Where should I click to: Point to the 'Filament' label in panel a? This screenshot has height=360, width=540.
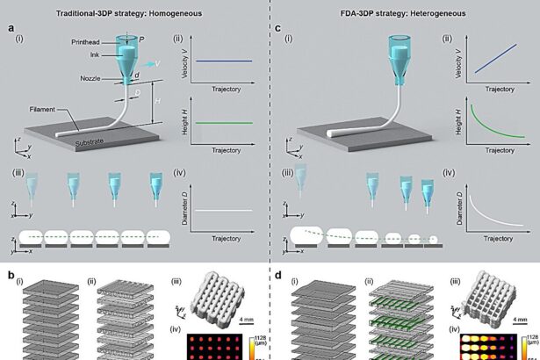(x=39, y=110)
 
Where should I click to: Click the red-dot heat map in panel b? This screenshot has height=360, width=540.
(x=216, y=344)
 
